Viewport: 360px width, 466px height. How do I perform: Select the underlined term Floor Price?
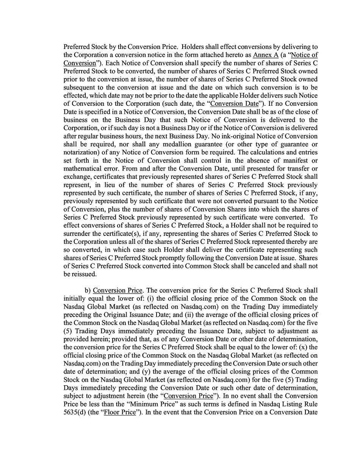coord(120,413)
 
